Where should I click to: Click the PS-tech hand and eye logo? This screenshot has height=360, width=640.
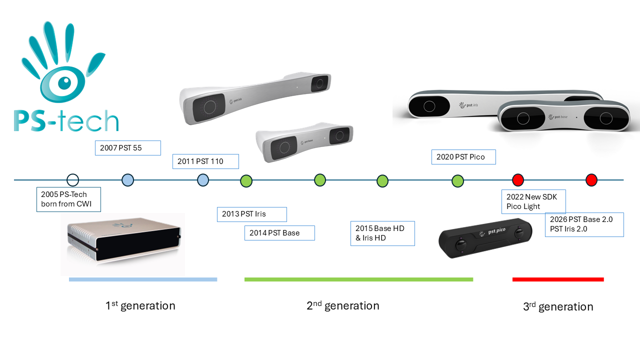click(65, 77)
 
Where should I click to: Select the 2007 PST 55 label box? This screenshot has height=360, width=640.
click(128, 148)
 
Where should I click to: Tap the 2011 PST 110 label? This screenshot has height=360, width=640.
click(205, 161)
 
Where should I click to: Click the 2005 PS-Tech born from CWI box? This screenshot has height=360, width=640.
click(68, 199)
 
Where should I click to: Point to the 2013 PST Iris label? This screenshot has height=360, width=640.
click(251, 214)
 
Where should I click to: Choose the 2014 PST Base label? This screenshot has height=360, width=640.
click(279, 233)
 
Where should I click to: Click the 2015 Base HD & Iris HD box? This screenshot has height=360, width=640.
click(382, 233)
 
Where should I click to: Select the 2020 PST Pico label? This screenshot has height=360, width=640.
click(463, 157)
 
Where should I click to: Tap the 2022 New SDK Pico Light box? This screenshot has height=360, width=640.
click(533, 201)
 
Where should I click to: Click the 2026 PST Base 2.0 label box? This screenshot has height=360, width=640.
click(584, 224)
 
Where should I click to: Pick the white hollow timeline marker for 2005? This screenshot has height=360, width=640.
click(73, 180)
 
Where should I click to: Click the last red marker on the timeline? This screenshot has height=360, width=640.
click(591, 180)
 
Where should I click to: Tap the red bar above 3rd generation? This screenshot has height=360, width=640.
click(558, 279)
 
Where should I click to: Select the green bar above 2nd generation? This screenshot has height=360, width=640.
click(358, 279)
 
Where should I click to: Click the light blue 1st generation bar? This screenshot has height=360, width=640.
click(143, 279)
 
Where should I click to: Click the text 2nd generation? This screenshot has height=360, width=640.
click(343, 305)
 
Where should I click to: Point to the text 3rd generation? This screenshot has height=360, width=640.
click(558, 306)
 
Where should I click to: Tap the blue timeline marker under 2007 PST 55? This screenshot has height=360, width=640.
click(127, 180)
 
